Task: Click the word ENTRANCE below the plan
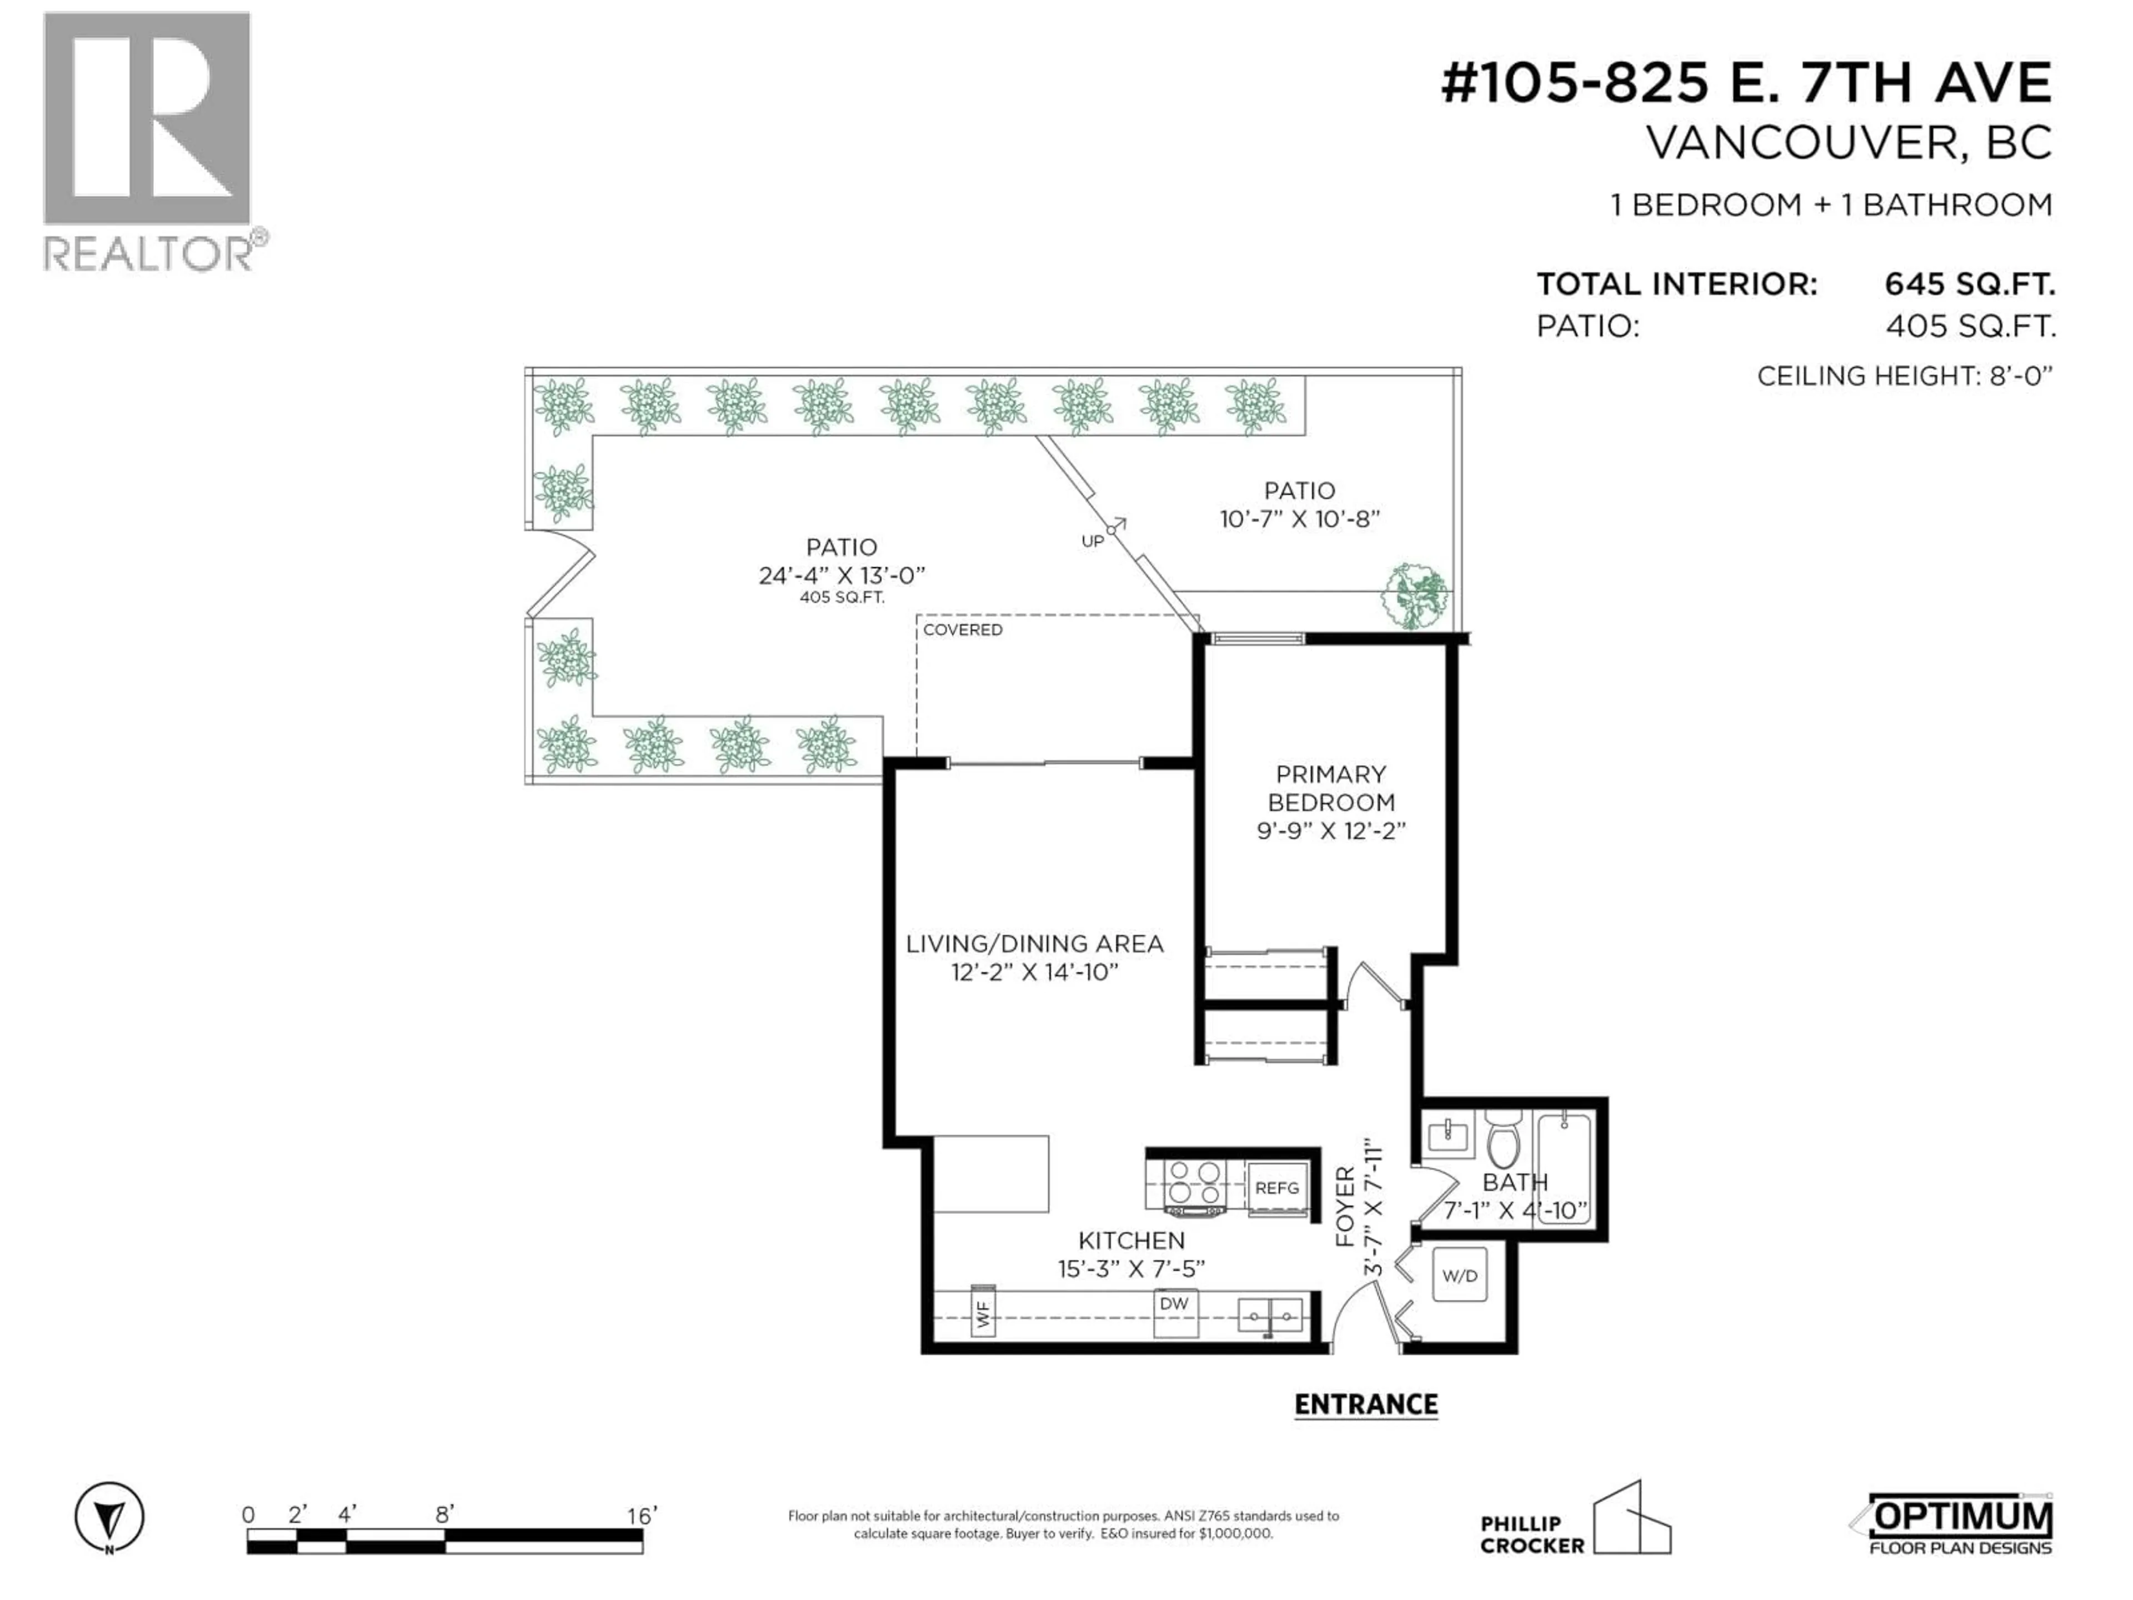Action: click(x=1365, y=1404)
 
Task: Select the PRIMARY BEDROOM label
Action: click(x=1331, y=788)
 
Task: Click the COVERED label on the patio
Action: click(x=963, y=630)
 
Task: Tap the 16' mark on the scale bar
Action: click(x=641, y=1515)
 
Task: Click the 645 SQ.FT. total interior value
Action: click(x=1969, y=284)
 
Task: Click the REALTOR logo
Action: click(x=152, y=142)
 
